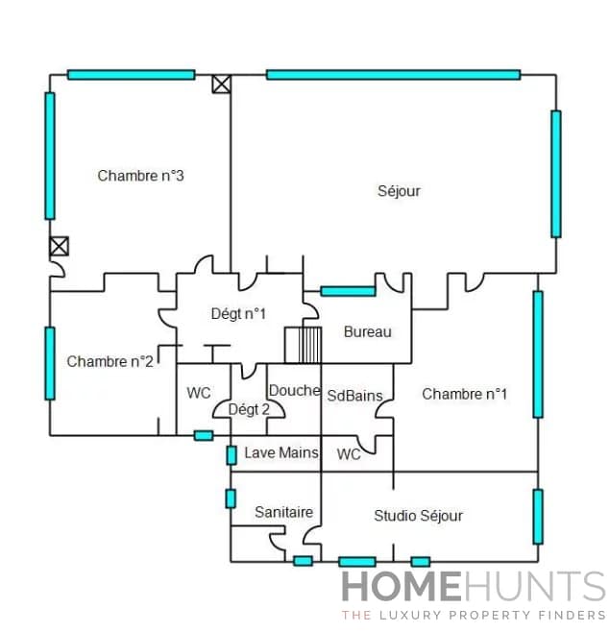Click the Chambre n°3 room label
pyautogui.click(x=140, y=176)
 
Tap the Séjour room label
pyautogui.click(x=399, y=191)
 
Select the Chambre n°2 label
pyautogui.click(x=110, y=361)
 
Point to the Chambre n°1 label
pyautogui.click(x=465, y=394)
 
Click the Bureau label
pyautogui.click(x=368, y=332)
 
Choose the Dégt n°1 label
pyautogui.click(x=238, y=313)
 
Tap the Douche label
pyautogui.click(x=294, y=390)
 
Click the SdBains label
pyautogui.click(x=354, y=395)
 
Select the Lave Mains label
pyautogui.click(x=280, y=452)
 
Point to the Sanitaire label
pyautogui.click(x=283, y=513)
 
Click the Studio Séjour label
pyautogui.click(x=418, y=516)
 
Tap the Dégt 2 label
pyautogui.click(x=248, y=410)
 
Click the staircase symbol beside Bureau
pyautogui.click(x=303, y=345)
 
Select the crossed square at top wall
pyautogui.click(x=222, y=85)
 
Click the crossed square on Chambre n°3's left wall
pyautogui.click(x=60, y=246)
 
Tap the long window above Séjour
pyautogui.click(x=393, y=74)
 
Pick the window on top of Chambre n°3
pyautogui.click(x=131, y=74)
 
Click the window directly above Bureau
pyautogui.click(x=348, y=290)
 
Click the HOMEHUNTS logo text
pyautogui.click(x=474, y=587)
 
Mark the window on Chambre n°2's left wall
pyautogui.click(x=50, y=363)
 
